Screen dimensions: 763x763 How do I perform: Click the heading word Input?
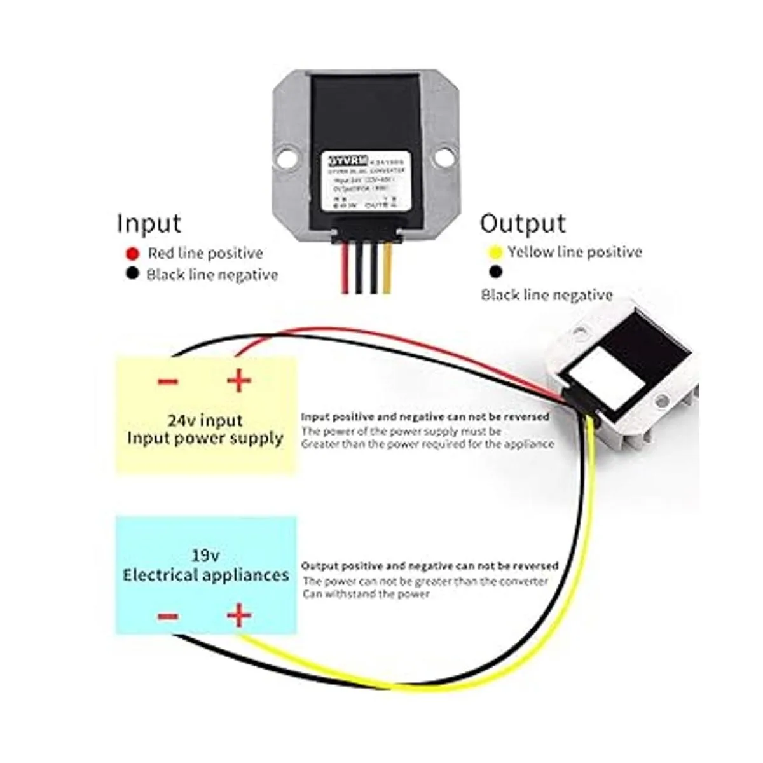149,224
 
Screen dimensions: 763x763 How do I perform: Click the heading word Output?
523,224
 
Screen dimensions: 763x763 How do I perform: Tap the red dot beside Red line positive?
132,254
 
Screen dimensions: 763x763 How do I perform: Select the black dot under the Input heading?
132,275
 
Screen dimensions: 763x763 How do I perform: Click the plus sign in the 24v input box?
239,381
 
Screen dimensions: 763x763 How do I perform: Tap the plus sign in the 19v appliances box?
239,615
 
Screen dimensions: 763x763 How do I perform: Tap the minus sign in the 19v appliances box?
167,616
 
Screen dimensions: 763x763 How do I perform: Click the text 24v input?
205,420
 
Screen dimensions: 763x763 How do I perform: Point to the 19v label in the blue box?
205,555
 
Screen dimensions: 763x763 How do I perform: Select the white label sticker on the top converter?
362,181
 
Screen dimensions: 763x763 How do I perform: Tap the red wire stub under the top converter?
345,270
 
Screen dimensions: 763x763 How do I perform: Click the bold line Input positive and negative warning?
425,417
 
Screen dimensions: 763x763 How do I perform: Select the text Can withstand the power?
366,594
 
